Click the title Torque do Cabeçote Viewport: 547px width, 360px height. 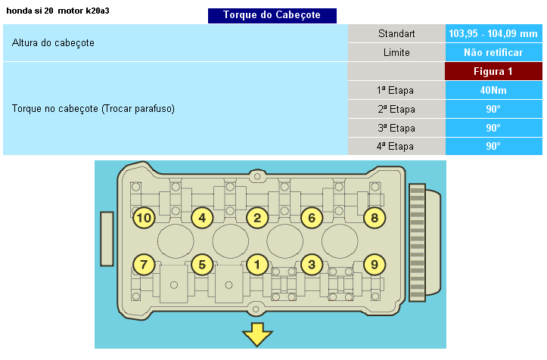pos(272,15)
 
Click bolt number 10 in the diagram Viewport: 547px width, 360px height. pos(144,219)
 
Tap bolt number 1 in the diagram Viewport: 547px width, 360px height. pos(257,265)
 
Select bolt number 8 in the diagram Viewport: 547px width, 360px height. pos(374,219)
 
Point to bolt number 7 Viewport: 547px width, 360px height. pos(144,265)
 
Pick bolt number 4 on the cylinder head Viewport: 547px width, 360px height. pos(201,219)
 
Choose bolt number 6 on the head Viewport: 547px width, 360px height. pos(312,219)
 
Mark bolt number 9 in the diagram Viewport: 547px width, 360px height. pos(374,265)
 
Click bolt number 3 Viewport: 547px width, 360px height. pos(312,265)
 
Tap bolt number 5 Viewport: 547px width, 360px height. pos(201,265)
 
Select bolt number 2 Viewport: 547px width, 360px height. pos(257,219)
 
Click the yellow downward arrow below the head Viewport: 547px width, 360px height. pos(257,334)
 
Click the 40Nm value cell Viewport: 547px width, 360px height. pos(493,91)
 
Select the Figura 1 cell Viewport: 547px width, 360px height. pos(493,72)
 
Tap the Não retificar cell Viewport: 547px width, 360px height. pos(493,53)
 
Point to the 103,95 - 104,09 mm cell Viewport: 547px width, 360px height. pos(493,34)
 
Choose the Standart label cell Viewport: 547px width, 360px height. pos(396,34)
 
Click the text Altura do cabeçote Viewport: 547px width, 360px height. pos(53,43)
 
